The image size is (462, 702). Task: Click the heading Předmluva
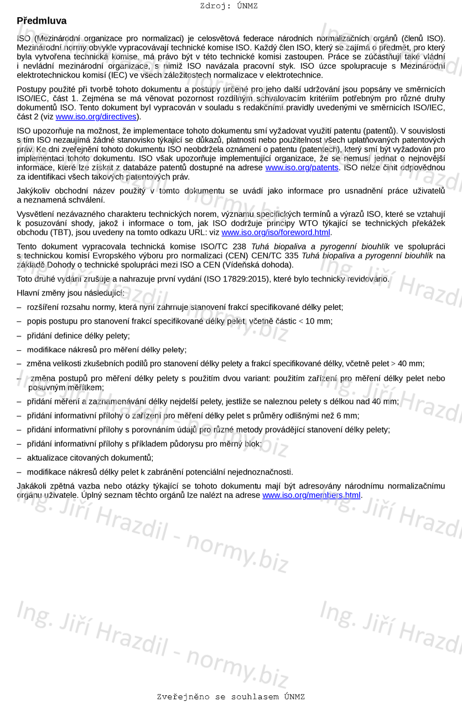tap(41, 21)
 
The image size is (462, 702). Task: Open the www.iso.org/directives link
tap(96, 117)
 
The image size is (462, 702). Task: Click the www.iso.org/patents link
tap(302, 168)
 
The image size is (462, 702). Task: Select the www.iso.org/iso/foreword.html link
tap(276, 232)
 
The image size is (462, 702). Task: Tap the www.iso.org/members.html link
tap(312, 495)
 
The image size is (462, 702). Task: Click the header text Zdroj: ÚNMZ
tap(229, 6)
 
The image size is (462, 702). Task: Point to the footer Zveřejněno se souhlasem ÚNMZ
tap(231, 696)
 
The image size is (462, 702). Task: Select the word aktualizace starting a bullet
tap(48, 458)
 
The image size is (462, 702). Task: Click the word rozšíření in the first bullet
tap(43, 307)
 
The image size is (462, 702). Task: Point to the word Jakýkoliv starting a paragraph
tap(34, 191)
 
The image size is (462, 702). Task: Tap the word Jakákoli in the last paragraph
tap(33, 486)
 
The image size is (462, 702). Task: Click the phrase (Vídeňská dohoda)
tap(258, 265)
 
